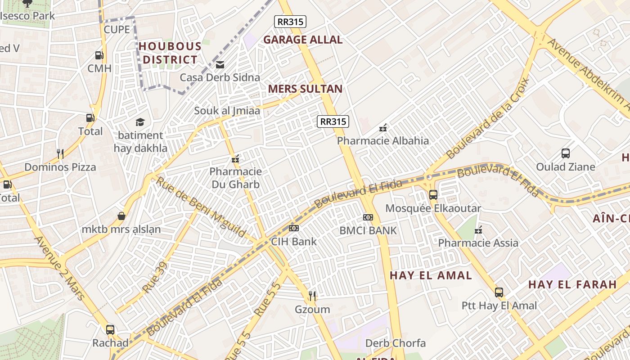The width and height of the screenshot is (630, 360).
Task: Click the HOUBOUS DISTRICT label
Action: point(170,53)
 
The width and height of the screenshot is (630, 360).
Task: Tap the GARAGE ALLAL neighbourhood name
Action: point(303,40)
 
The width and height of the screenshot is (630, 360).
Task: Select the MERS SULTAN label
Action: point(305,89)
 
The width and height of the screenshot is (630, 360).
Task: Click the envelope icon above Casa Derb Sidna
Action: point(220,65)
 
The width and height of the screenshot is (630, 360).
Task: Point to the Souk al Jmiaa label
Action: point(227,110)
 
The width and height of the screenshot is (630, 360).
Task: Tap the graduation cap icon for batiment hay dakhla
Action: point(140,122)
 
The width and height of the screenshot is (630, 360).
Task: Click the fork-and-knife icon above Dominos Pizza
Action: point(60,154)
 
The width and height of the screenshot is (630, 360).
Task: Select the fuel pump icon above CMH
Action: point(99,55)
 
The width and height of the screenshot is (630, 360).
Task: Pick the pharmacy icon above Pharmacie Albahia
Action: point(383,128)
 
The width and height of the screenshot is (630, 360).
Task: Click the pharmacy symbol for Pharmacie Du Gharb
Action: point(235,159)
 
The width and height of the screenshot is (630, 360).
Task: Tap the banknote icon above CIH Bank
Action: point(294,228)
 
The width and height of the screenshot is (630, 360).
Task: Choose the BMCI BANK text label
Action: point(368,230)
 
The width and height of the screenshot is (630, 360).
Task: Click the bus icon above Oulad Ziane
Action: point(566,153)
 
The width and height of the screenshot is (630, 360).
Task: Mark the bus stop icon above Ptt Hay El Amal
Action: point(499,292)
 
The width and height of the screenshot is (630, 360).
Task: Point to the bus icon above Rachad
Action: point(110,329)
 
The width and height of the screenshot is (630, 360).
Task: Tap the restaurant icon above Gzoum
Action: point(312,296)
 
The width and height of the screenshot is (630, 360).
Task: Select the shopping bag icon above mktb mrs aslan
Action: point(121,216)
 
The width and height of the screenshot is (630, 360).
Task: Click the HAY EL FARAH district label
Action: point(572,284)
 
